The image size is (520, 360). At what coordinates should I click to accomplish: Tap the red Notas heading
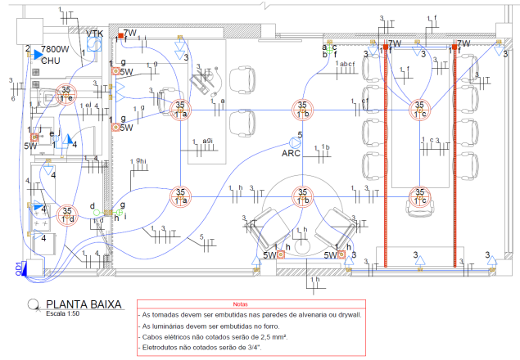coord(239,304)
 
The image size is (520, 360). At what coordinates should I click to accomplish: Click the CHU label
coord(51,60)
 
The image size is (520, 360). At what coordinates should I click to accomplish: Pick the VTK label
coord(96,33)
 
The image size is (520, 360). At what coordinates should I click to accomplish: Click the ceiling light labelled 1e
coord(66,95)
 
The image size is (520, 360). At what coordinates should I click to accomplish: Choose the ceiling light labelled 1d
coord(67,215)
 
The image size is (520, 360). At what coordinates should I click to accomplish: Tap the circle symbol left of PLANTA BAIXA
coord(33,304)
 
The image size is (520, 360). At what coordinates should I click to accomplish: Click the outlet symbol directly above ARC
coord(294,140)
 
